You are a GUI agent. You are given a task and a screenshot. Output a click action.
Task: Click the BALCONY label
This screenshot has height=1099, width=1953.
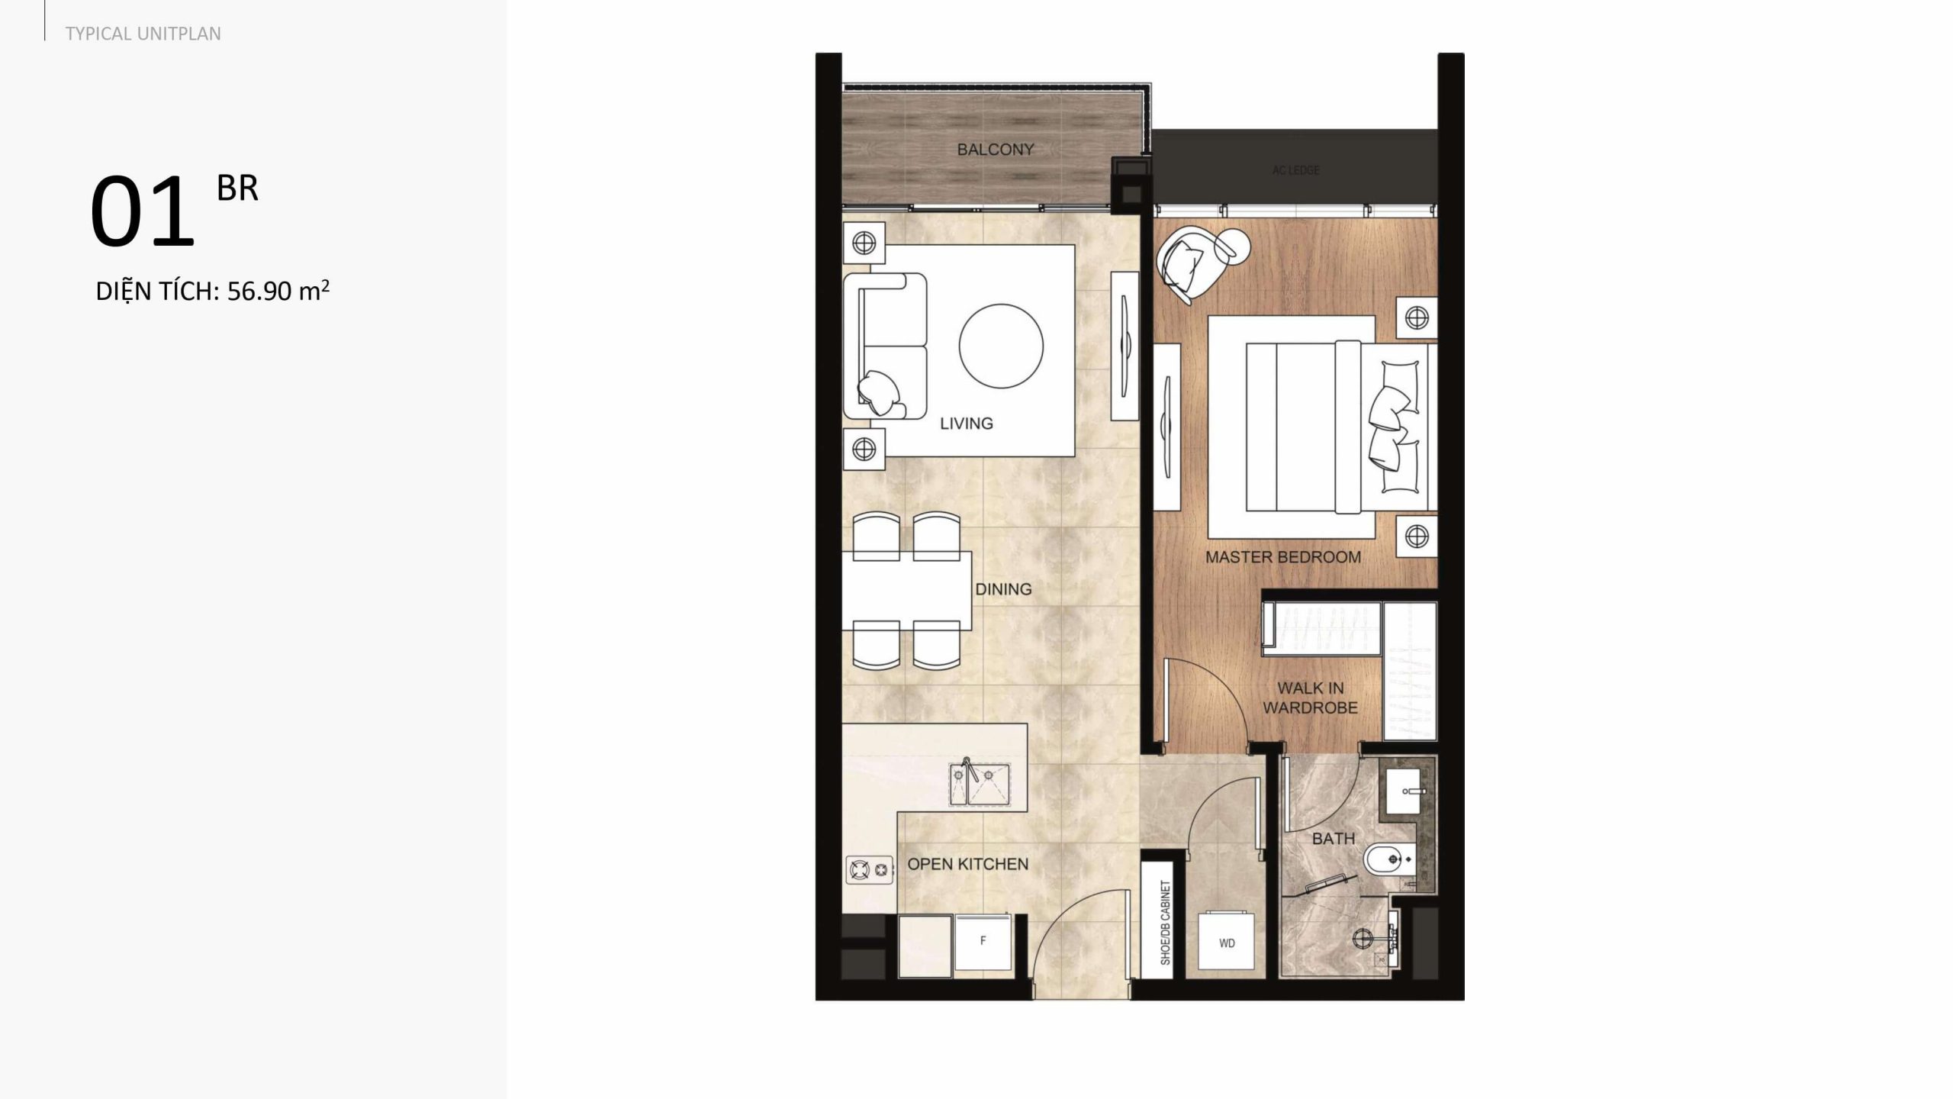pyautogui.click(x=996, y=150)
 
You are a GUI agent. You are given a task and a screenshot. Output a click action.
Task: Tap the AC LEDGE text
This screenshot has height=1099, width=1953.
pyautogui.click(x=1295, y=170)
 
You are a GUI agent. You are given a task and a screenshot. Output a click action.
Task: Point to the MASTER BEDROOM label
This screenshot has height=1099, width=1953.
pyautogui.click(x=1283, y=557)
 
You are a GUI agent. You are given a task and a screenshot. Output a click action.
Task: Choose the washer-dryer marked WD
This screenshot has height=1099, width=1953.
pyautogui.click(x=1227, y=943)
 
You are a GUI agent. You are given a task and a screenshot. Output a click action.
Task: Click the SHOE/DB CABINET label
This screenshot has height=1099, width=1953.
pyautogui.click(x=1165, y=922)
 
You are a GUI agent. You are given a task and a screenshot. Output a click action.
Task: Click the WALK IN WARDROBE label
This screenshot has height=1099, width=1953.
pyautogui.click(x=1310, y=698)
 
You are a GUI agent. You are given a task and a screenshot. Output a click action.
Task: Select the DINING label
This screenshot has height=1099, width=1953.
pyautogui.click(x=1003, y=589)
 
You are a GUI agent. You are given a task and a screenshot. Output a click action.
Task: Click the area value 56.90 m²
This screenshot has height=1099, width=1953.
pyautogui.click(x=278, y=291)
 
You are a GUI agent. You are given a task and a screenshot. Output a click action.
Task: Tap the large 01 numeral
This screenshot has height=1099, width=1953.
pyautogui.click(x=143, y=211)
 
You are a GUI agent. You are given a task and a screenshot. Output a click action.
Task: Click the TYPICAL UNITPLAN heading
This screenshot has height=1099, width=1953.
pyautogui.click(x=143, y=34)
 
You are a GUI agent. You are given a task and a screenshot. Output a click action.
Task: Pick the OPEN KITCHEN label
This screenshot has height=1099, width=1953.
pyautogui.click(x=967, y=864)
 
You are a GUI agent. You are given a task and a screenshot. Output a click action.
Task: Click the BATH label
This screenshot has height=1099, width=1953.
pyautogui.click(x=1334, y=839)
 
